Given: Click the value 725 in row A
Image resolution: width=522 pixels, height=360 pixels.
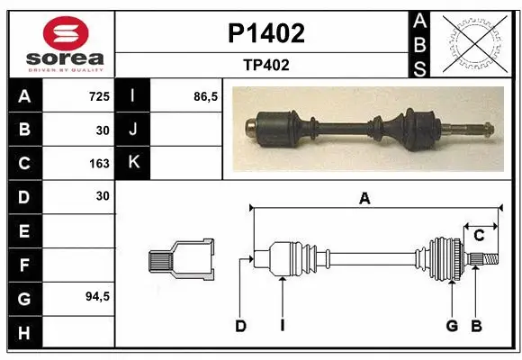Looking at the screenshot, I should (x=99, y=95).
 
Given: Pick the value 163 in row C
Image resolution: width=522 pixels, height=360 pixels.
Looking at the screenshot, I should (x=99, y=163).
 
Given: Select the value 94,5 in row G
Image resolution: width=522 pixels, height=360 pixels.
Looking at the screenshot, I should (x=96, y=296).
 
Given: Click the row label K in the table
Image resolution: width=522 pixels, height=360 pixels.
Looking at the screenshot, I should (x=132, y=163).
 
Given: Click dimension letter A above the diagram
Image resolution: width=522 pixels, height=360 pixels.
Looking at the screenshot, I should (x=364, y=200).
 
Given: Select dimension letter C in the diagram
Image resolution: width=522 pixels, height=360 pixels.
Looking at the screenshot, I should (x=479, y=236).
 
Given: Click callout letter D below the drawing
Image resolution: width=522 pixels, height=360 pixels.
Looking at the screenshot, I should (x=240, y=326).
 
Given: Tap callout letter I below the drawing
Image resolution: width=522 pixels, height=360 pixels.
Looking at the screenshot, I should (x=282, y=326).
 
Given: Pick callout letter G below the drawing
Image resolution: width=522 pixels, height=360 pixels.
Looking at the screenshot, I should (x=452, y=326).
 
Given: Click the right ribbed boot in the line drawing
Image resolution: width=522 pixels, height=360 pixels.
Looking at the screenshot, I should (x=445, y=259).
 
